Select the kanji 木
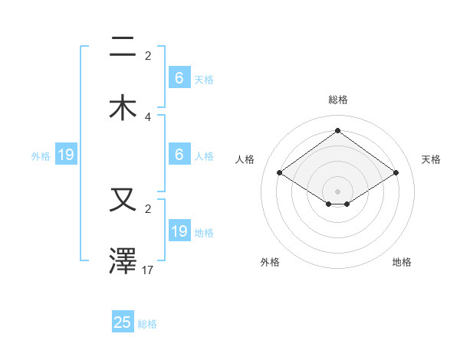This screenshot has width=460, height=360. tap(123, 107)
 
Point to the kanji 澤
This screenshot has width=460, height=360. tap(123, 261)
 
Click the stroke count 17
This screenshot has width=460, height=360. tap(149, 270)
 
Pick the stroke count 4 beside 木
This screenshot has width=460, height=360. tap(148, 116)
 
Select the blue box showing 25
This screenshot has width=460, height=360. tap(123, 322)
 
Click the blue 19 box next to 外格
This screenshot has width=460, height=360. tap(66, 155)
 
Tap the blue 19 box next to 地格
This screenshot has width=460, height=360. tap(179, 231)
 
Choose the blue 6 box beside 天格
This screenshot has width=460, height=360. tap(179, 78)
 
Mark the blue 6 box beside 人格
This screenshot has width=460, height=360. tap(179, 155)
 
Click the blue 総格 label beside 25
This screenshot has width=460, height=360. tap(147, 324)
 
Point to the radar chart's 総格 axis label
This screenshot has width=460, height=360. tap(337, 100)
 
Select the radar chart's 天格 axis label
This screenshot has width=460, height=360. tap(431, 159)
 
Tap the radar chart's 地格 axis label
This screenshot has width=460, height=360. tap(402, 262)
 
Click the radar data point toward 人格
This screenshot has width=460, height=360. tap(279, 173)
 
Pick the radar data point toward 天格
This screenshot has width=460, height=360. tap(396, 173)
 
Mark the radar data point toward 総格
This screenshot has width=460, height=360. tap(337, 131)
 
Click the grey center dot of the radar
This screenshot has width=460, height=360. tap(337, 191)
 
